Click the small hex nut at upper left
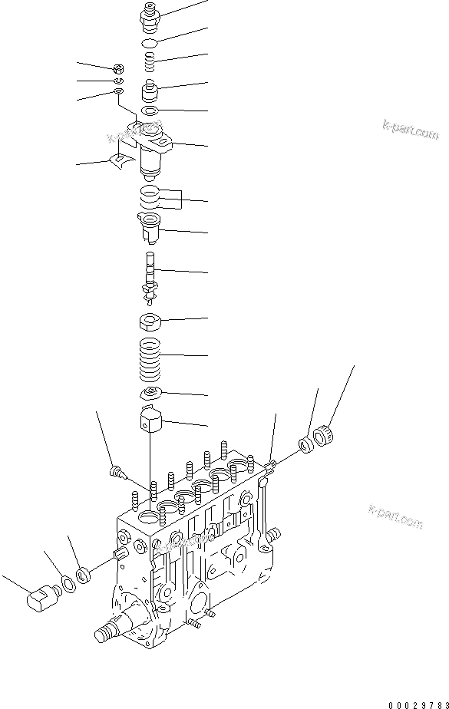click(120, 68)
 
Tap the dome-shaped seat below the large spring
click(151, 394)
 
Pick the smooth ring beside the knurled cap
click(307, 444)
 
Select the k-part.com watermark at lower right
click(396, 519)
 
